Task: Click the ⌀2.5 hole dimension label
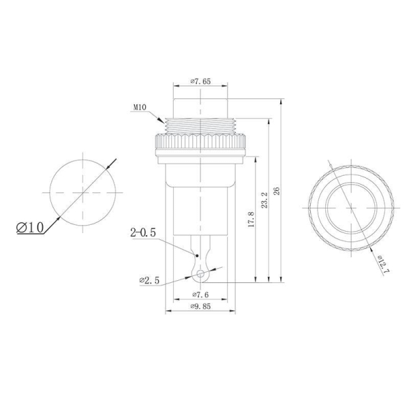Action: click(149, 279)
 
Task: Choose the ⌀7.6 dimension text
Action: click(200, 294)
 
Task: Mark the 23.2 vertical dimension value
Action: click(264, 200)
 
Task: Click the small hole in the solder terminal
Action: click(200, 275)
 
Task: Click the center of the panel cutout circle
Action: click(80, 193)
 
